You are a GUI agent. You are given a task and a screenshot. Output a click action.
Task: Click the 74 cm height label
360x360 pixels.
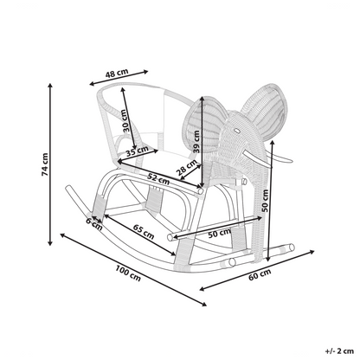coord(45,164)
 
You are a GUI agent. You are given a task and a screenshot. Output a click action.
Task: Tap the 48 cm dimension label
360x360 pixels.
coord(117,74)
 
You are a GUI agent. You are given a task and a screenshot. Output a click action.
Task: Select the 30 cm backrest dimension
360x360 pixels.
coord(125,121)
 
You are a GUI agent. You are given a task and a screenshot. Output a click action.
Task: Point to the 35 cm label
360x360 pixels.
coord(137,151)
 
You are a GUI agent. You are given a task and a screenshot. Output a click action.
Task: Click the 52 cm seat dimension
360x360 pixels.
coord(158,179)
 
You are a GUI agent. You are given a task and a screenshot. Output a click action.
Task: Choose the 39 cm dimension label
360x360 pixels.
coord(196,142)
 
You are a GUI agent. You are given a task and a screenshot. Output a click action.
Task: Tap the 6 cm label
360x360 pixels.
coord(94,225)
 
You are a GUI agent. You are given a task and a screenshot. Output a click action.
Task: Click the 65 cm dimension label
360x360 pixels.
coord(144,232)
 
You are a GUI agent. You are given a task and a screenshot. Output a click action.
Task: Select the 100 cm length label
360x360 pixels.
coord(128,273)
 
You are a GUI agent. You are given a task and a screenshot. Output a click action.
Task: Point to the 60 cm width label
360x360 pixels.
coord(260,274)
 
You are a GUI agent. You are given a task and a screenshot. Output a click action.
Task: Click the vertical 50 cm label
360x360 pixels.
coord(265,201)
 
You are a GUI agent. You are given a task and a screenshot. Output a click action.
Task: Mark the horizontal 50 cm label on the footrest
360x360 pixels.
coord(220,233)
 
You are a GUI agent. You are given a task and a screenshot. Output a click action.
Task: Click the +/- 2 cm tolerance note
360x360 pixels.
coord(339,351)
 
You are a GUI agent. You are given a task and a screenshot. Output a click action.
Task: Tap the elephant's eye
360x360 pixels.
coord(237,131)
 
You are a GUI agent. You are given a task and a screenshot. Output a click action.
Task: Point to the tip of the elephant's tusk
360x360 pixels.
coord(292,160)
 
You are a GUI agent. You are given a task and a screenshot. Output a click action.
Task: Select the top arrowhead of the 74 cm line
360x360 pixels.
coord(50,86)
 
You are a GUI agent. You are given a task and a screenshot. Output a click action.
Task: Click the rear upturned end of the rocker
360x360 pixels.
coord(68,189)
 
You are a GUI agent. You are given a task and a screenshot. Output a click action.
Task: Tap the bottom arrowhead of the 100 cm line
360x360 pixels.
coord(204,304)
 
